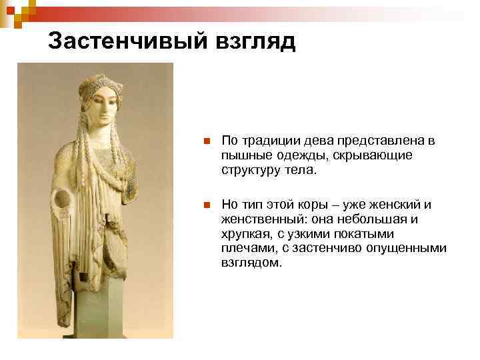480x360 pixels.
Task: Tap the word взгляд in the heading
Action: point(254,41)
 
